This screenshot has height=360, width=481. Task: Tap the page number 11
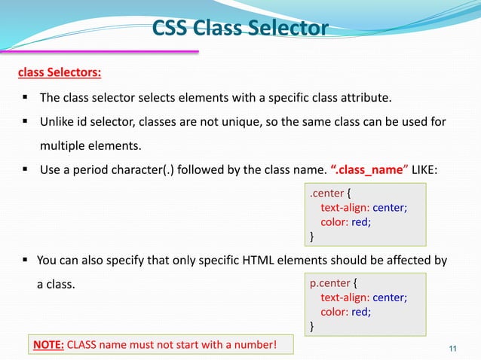click(x=452, y=347)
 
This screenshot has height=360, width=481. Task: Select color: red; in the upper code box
click(x=346, y=222)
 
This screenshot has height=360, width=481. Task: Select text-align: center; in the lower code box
click(x=364, y=297)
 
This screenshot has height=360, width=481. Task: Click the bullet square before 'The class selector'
click(x=25, y=98)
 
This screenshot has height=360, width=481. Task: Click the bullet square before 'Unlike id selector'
click(x=25, y=121)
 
